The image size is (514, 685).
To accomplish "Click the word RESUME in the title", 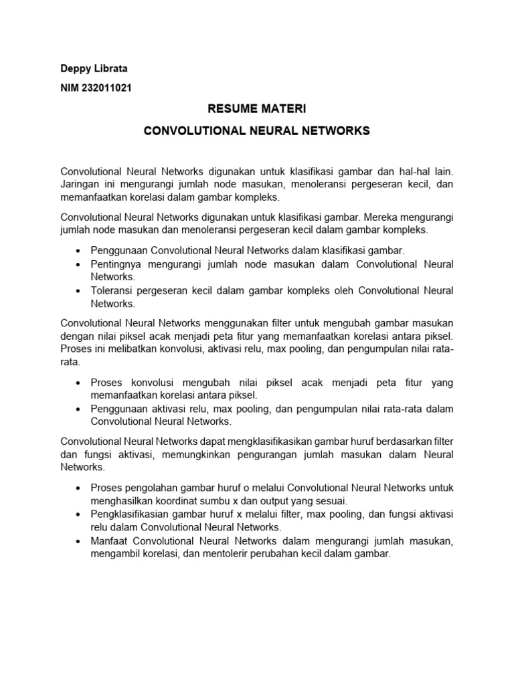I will (232, 108).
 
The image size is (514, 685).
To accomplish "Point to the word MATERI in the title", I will (282, 108).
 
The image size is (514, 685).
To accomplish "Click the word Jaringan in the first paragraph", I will (80, 185).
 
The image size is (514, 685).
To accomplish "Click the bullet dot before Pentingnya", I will (80, 264).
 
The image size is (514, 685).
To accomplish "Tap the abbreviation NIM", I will (70, 88).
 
